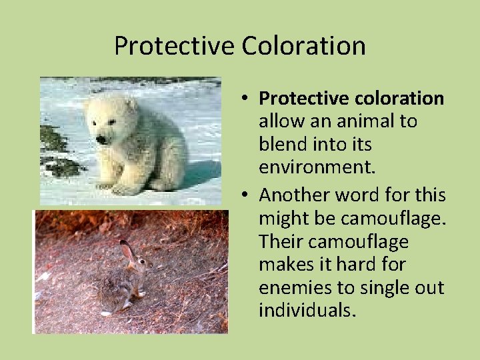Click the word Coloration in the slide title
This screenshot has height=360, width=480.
click(x=303, y=46)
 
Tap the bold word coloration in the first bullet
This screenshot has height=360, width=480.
click(x=399, y=99)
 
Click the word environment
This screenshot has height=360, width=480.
click(x=317, y=167)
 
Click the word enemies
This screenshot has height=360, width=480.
click(x=297, y=287)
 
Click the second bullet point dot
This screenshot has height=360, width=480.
click(x=245, y=195)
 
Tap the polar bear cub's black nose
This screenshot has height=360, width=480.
click(x=101, y=139)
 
